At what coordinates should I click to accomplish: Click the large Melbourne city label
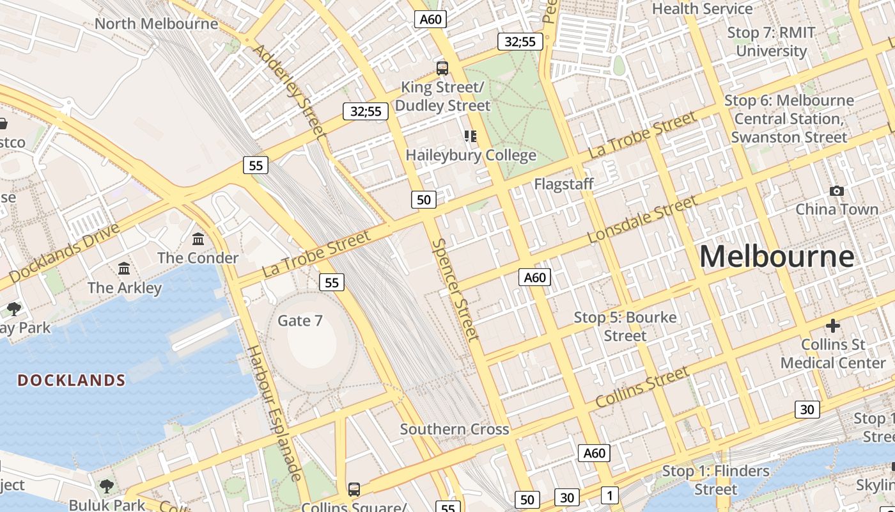[x=777, y=257]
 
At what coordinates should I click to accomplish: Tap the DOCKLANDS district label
[x=71, y=380]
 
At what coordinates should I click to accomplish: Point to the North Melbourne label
[x=156, y=24]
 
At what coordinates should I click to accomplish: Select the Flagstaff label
[x=564, y=184]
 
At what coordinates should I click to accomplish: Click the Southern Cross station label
[x=455, y=429]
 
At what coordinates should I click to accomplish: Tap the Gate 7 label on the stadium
[x=300, y=320]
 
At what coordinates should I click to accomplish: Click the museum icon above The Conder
[x=198, y=239]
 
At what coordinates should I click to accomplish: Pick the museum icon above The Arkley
[x=124, y=268]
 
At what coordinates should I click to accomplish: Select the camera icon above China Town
[x=836, y=191]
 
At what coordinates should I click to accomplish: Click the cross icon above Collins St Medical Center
[x=832, y=326]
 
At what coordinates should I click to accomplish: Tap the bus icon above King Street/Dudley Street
[x=442, y=68]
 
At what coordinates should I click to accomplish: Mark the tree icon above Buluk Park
[x=107, y=486]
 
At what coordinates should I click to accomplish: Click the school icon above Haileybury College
[x=471, y=136]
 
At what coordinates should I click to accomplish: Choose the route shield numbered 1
[x=610, y=495]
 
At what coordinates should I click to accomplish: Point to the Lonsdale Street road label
[x=642, y=220]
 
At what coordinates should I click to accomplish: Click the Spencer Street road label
[x=455, y=289]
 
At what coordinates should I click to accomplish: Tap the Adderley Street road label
[x=290, y=90]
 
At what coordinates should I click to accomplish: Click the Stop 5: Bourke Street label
[x=625, y=326]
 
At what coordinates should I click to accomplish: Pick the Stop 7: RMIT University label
[x=771, y=42]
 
